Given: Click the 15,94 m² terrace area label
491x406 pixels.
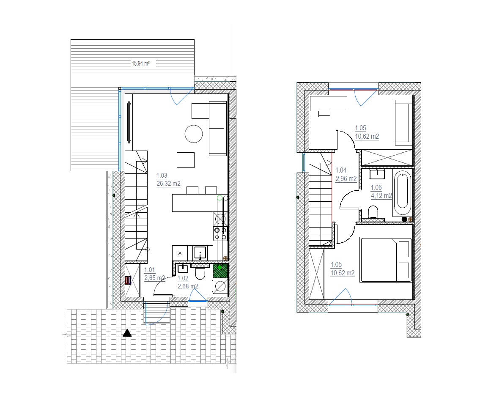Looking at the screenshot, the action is click(x=140, y=63).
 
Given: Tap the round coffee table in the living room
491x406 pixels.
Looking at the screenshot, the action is click(x=194, y=134).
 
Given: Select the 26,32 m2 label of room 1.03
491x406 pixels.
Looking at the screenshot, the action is click(x=168, y=184).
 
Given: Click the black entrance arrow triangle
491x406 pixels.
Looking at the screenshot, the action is click(x=127, y=333).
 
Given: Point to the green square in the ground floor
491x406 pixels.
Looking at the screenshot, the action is click(x=220, y=271).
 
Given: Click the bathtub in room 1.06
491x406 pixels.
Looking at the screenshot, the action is click(x=402, y=194).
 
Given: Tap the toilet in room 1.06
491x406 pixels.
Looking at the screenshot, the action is click(x=373, y=211).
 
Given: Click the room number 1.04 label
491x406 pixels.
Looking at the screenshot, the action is click(x=341, y=170).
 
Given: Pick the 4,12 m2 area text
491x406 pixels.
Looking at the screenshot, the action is click(x=381, y=196).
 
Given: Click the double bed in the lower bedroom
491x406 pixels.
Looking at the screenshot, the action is click(x=386, y=260).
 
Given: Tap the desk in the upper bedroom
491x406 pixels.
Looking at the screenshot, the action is click(x=328, y=104).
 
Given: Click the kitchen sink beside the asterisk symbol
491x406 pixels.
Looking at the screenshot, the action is click(x=200, y=253).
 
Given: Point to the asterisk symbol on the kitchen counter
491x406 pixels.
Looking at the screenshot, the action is click(x=180, y=253).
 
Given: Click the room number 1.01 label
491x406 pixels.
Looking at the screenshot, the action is click(x=149, y=270).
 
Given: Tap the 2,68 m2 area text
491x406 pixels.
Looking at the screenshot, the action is click(x=188, y=286).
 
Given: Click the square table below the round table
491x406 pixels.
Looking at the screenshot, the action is click(x=186, y=160).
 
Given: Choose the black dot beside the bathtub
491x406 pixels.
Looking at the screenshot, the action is click(x=404, y=219).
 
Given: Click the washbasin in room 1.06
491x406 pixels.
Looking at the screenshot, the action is click(x=377, y=174).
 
